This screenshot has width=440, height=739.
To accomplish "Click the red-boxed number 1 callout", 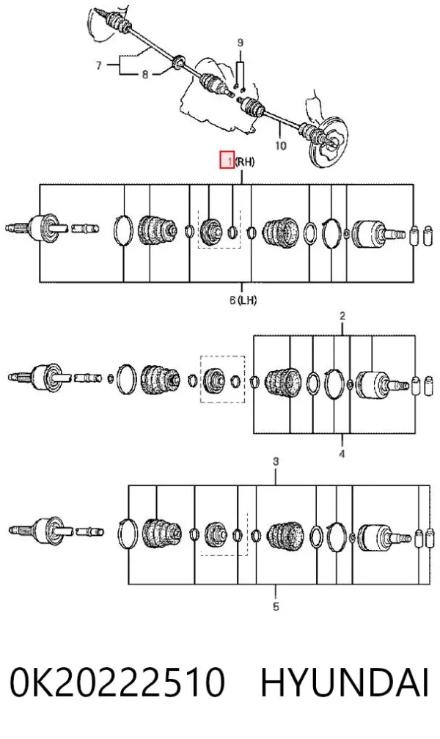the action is (x=227, y=161).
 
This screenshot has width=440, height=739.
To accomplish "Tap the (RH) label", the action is (x=245, y=161).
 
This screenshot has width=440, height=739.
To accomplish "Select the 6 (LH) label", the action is (x=243, y=300).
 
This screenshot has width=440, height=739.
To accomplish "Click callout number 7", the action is (x=98, y=65).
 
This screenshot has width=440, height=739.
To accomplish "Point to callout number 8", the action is (x=145, y=74).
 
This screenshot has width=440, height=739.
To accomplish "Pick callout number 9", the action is (x=240, y=43).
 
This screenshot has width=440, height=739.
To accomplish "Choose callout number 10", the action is (x=281, y=146).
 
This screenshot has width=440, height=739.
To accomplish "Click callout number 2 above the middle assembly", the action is (x=342, y=315).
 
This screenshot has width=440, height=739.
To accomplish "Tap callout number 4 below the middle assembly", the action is (x=342, y=454).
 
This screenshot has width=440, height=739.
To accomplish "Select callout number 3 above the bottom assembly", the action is (x=276, y=461).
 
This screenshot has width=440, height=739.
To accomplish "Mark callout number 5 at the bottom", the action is (x=276, y=606).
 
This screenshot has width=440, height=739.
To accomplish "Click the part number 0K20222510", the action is (x=117, y=682).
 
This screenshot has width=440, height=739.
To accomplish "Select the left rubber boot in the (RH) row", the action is (x=157, y=230).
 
